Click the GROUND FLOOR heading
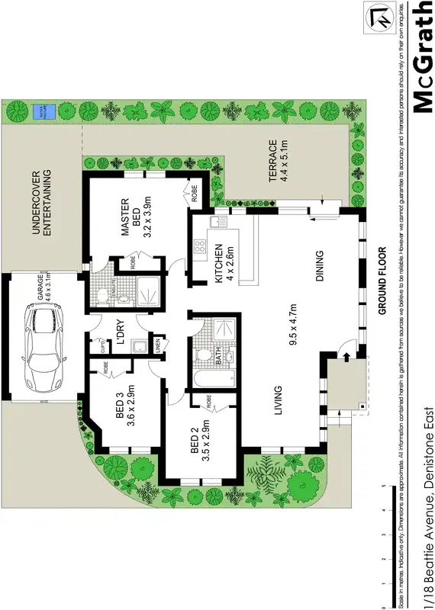[383, 280]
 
